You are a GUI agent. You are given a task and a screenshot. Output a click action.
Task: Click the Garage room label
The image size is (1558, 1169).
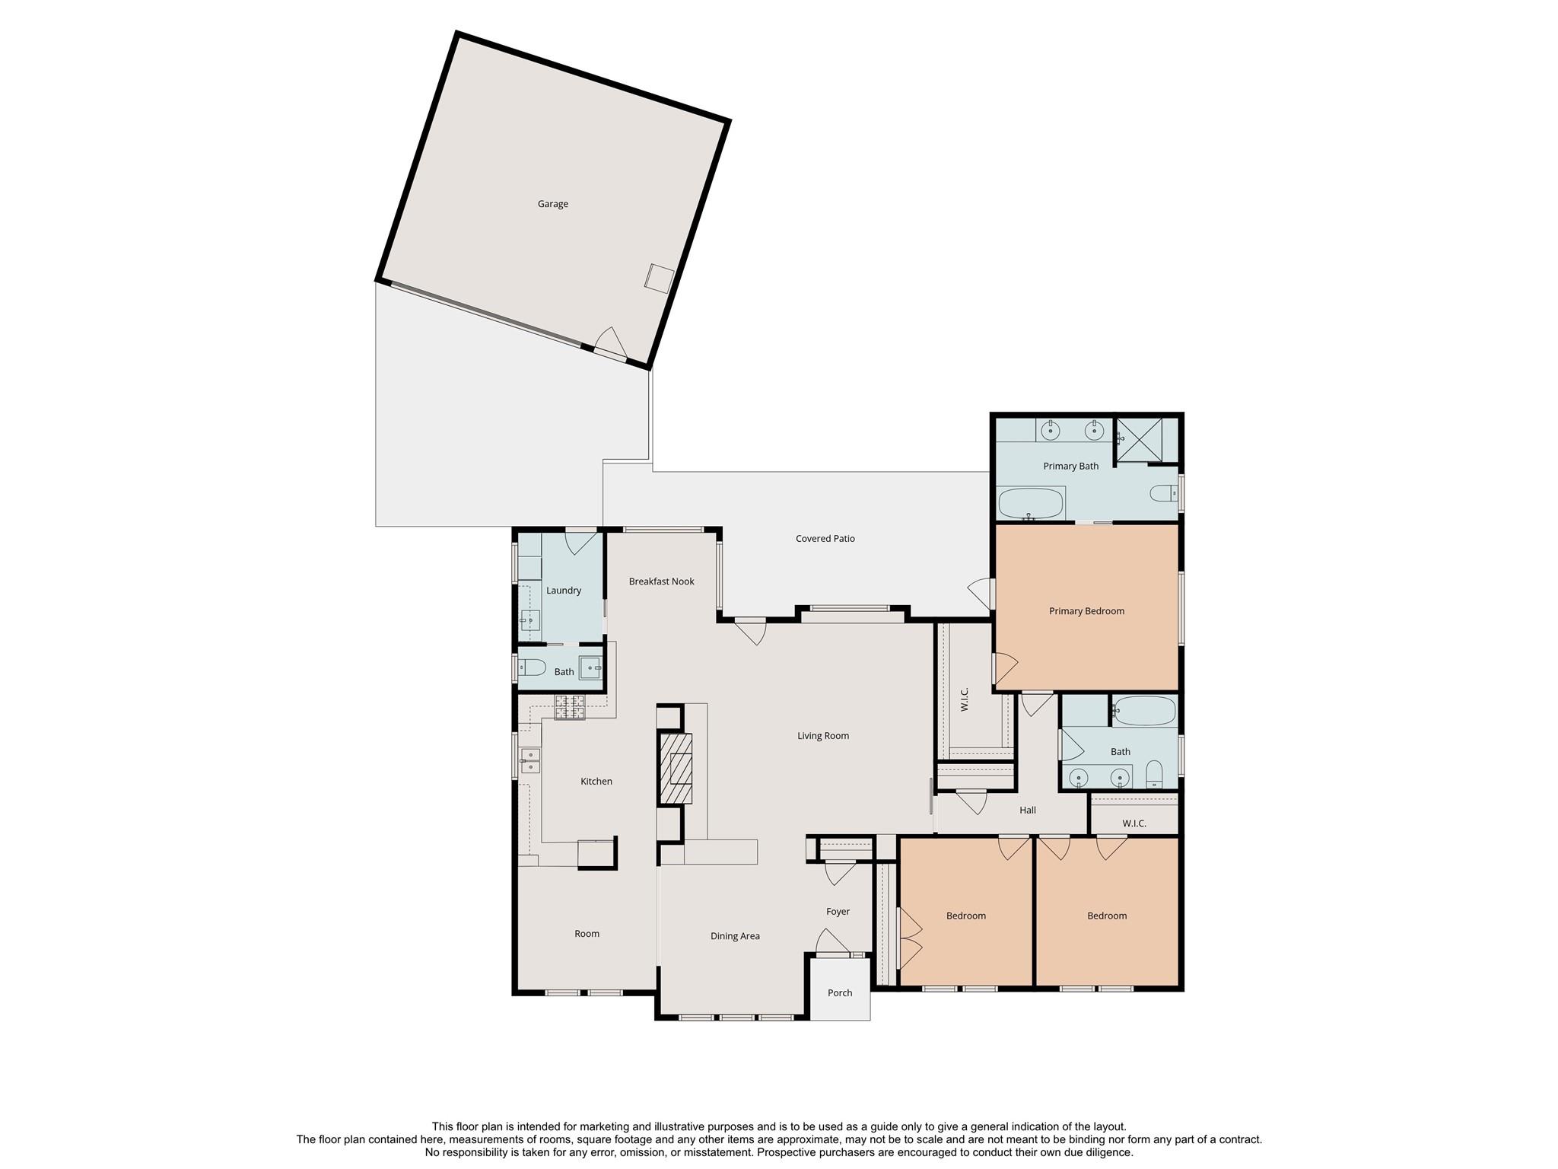click(x=553, y=204)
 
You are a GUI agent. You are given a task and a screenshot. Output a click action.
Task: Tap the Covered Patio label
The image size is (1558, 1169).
click(x=825, y=539)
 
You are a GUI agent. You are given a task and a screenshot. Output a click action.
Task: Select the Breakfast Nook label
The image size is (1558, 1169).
click(x=662, y=581)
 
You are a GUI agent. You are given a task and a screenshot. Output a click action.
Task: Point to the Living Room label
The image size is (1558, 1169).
click(x=823, y=736)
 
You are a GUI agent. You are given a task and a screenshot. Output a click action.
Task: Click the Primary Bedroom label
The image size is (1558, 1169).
click(x=1086, y=611)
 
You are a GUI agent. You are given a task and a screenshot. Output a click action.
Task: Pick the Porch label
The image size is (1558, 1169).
click(x=840, y=993)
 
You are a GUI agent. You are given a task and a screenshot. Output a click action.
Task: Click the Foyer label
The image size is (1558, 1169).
click(x=838, y=912)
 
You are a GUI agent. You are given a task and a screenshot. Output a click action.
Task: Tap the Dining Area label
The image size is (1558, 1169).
click(x=735, y=936)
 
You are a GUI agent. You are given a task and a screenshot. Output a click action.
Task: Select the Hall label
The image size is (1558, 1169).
click(x=1028, y=811)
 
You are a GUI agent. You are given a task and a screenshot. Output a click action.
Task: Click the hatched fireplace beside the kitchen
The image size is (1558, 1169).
click(x=676, y=768)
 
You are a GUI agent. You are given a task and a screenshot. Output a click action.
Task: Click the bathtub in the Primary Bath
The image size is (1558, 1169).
click(x=1031, y=503)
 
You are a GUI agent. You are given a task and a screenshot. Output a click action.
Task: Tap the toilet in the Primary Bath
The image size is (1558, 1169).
click(x=1164, y=494)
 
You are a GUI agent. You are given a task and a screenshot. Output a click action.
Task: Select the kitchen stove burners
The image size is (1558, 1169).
click(x=570, y=707)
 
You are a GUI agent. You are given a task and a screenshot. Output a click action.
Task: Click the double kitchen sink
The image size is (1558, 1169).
click(x=530, y=760)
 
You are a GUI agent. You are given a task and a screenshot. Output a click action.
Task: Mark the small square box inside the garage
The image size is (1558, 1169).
click(x=659, y=278)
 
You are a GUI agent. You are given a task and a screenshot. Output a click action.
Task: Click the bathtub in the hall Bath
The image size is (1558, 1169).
click(x=1144, y=711)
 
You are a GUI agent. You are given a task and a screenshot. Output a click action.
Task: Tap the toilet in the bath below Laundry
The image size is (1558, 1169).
click(x=532, y=668)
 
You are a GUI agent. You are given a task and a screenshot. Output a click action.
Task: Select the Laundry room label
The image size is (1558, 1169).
click(x=564, y=591)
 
